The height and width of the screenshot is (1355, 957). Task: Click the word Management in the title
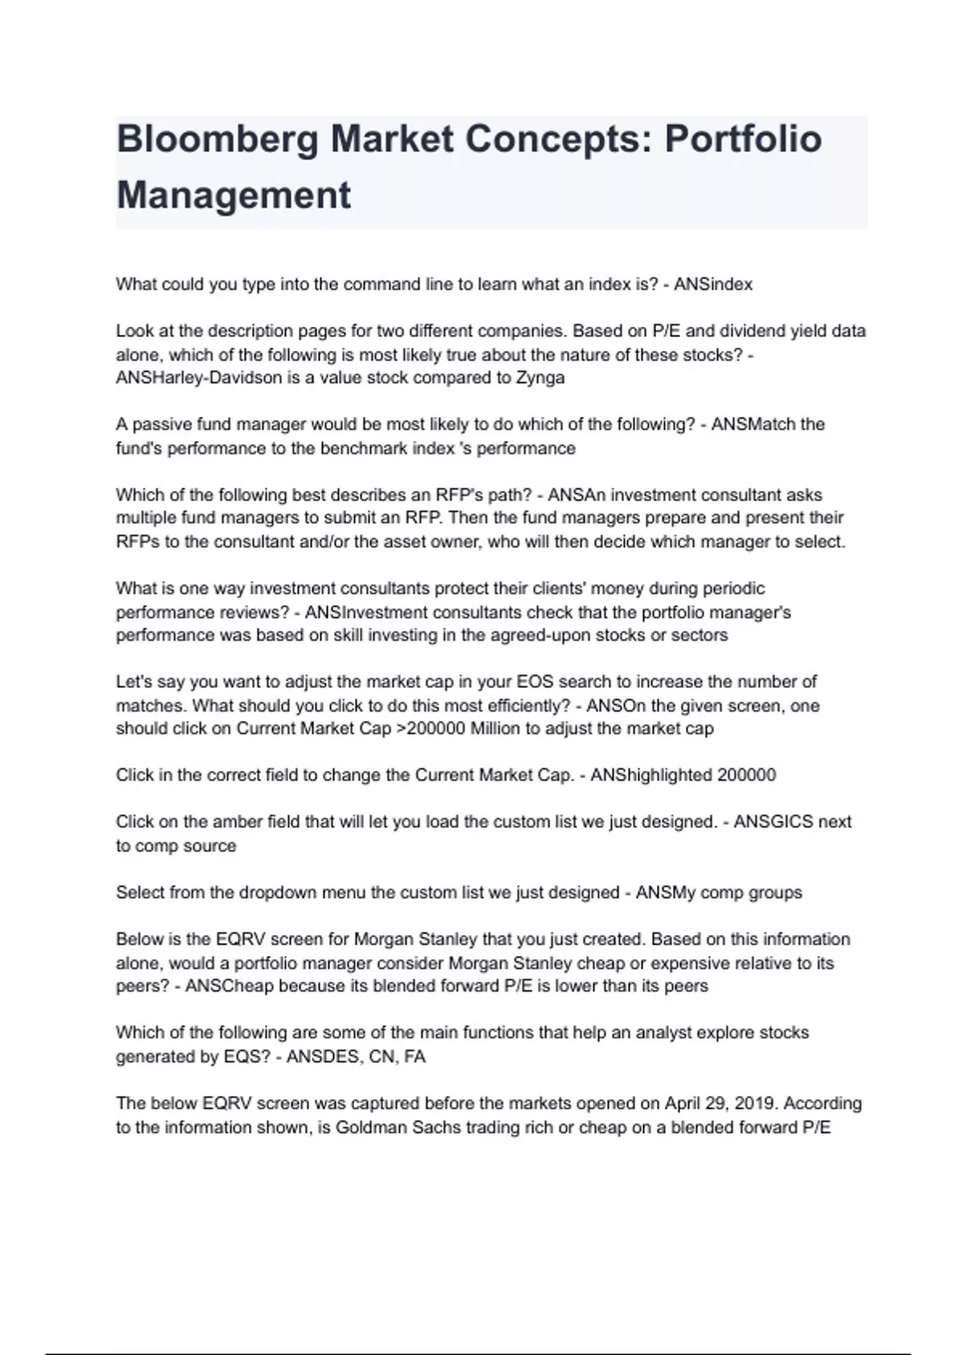[x=234, y=195]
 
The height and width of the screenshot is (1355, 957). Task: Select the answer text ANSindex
[x=713, y=285]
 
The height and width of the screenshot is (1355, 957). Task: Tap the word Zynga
[x=541, y=378]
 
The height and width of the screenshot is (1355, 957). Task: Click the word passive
[x=163, y=424]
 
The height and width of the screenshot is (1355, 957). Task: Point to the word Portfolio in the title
[x=743, y=139]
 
